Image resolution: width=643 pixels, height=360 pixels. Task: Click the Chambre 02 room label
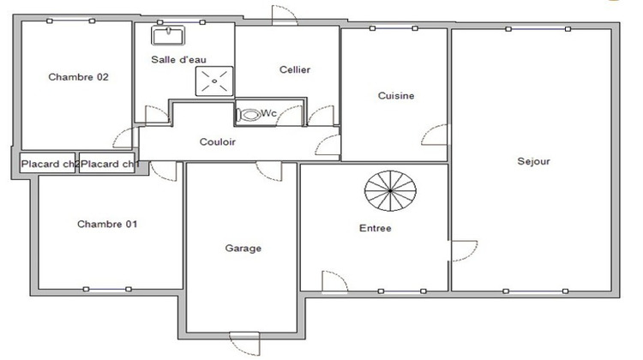click(78, 77)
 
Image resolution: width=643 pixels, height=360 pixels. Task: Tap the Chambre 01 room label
click(107, 224)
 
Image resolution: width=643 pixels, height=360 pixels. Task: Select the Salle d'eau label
click(178, 59)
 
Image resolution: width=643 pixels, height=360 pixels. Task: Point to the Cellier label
click(294, 69)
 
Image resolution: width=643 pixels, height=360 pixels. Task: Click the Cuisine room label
click(395, 96)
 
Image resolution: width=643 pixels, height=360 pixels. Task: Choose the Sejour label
click(533, 160)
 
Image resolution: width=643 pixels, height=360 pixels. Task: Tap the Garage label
click(243, 249)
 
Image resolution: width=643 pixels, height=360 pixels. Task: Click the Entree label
click(375, 228)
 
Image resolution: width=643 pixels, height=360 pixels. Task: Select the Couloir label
click(217, 141)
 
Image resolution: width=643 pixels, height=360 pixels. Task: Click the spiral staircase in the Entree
click(388, 193)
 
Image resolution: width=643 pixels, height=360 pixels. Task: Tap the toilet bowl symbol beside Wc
click(249, 114)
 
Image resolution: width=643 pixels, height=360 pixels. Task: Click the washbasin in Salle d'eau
click(169, 35)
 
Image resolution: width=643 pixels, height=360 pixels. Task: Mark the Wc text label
click(268, 114)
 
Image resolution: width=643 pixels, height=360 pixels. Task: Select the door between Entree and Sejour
click(463, 251)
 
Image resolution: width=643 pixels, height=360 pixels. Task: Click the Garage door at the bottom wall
click(243, 343)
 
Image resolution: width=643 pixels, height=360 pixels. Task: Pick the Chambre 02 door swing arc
click(124, 138)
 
